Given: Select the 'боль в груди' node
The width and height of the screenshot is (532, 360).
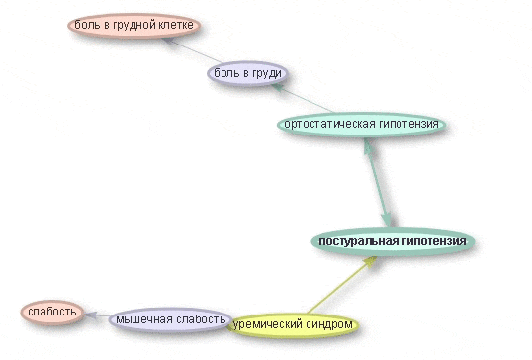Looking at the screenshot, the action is click(x=247, y=73).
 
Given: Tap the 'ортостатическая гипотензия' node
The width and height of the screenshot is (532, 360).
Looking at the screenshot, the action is click(x=362, y=125).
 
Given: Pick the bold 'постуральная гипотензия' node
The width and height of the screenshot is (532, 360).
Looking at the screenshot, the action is click(x=392, y=241).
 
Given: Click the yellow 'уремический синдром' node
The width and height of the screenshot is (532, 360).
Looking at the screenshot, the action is click(x=293, y=324).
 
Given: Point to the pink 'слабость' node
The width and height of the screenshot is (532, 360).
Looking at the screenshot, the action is click(x=52, y=313).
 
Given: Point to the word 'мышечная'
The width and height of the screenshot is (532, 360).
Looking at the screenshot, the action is click(x=136, y=318).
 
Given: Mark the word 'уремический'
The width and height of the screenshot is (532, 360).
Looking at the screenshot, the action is click(x=267, y=324).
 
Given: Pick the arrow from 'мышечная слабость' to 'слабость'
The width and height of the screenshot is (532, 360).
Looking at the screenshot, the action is click(x=94, y=316).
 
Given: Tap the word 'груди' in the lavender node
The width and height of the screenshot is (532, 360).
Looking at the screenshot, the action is click(x=267, y=73).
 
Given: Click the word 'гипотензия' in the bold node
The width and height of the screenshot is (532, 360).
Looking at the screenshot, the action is click(x=430, y=241).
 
